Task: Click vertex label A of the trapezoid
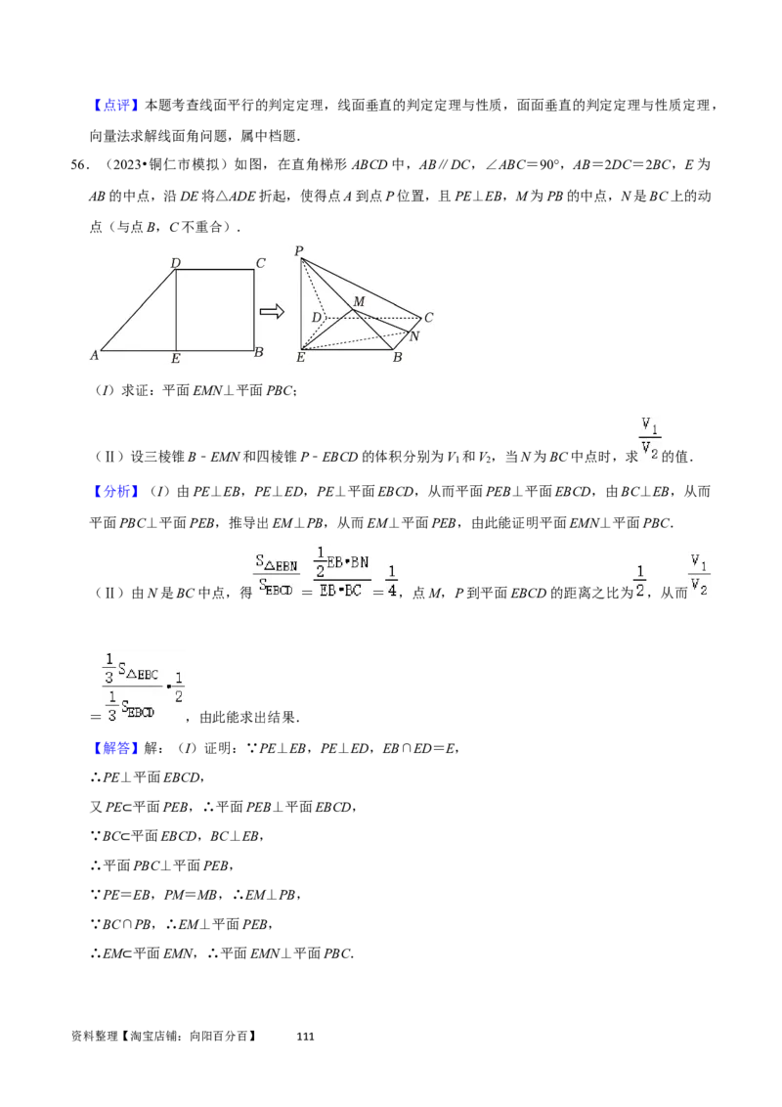point(95,356)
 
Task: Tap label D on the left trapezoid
point(175,262)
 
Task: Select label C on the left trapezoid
point(260,262)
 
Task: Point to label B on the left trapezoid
point(258,352)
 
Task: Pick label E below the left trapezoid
point(175,359)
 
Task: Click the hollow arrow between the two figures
point(272,311)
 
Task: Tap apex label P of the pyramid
point(298,251)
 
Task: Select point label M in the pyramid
point(359,301)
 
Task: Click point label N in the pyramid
point(413,336)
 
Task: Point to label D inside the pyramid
point(317,318)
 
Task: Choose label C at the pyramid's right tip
point(428,318)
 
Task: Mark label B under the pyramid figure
point(397,358)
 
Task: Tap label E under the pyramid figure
point(300,358)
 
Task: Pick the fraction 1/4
point(391,581)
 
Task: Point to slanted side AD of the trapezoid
point(138,309)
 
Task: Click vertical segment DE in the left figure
point(176,309)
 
